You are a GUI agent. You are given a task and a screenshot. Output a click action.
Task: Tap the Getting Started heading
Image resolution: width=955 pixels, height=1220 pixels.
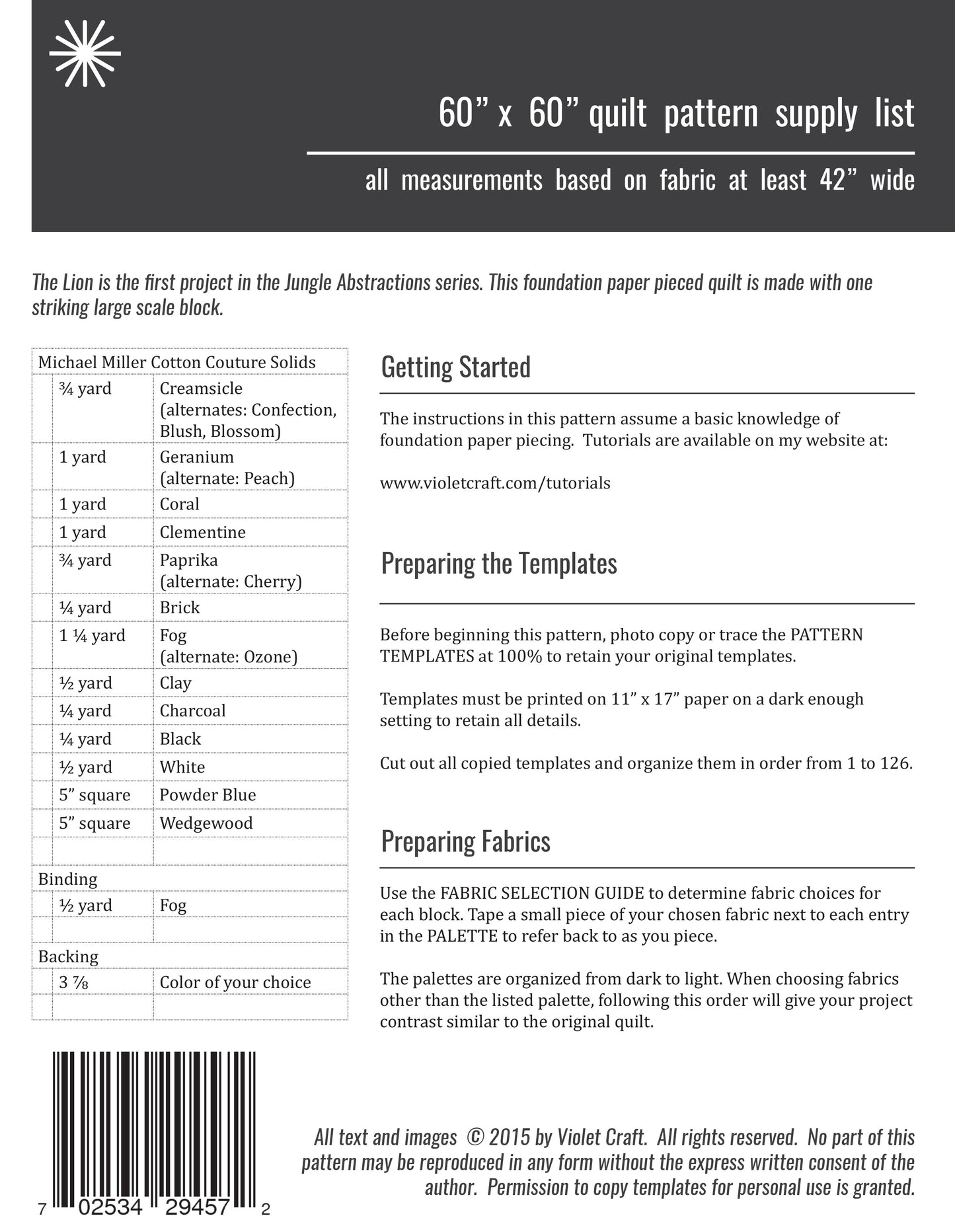[x=455, y=367]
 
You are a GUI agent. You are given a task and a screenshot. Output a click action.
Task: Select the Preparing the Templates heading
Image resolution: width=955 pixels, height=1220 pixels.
[x=499, y=564]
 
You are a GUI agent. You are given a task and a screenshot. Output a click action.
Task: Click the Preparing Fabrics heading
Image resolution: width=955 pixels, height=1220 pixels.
[x=465, y=841]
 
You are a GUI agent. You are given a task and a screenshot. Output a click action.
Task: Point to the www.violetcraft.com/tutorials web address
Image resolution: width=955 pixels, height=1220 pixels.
[x=495, y=483]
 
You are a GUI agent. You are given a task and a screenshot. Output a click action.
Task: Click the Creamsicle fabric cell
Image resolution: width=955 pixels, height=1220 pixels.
[x=201, y=389]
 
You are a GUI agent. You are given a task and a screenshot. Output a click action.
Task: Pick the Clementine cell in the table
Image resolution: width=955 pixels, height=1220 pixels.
[x=202, y=532]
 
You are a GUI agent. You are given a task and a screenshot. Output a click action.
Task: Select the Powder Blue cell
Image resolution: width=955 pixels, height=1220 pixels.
[x=208, y=795]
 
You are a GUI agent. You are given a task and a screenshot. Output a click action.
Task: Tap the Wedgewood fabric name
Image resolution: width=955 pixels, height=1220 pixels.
[x=206, y=823]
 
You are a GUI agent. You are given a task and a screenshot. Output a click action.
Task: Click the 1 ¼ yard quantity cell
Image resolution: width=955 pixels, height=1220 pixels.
[x=92, y=636]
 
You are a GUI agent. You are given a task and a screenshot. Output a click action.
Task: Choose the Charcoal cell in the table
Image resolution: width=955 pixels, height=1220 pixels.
[x=192, y=710]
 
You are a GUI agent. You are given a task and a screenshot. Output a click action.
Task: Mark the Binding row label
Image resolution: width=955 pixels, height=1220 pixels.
[x=67, y=879]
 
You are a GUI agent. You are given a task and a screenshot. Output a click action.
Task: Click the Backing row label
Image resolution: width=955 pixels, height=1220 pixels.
[x=68, y=956]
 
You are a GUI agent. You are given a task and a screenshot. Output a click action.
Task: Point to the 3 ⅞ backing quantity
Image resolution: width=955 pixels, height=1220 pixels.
[x=73, y=983]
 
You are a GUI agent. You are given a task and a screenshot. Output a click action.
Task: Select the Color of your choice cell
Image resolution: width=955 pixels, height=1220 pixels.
[x=235, y=983]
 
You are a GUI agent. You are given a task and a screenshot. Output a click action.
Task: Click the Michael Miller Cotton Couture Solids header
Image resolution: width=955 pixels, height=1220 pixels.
[x=176, y=362]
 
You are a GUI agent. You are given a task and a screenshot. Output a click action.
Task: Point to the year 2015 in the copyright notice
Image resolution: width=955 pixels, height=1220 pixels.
[x=510, y=1137]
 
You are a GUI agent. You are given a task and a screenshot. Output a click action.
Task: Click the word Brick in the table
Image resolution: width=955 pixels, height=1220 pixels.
[x=180, y=607]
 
